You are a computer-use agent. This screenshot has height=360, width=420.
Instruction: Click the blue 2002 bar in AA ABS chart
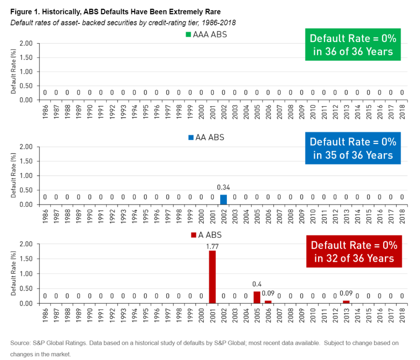pyautogui.click(x=223, y=199)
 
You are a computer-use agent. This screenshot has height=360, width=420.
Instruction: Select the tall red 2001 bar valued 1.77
pyautogui.click(x=212, y=277)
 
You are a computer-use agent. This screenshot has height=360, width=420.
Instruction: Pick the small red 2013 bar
pyautogui.click(x=346, y=302)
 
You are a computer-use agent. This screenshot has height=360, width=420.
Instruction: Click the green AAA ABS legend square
pyautogui.click(x=189, y=35)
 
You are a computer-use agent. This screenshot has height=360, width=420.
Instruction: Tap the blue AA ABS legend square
pyautogui.click(x=191, y=138)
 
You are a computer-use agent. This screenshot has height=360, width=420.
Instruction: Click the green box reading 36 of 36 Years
pyautogui.click(x=353, y=45)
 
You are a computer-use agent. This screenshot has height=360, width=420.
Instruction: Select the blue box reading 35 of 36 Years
pyautogui.click(x=353, y=148)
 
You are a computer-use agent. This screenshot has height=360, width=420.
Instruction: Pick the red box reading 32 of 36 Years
pyautogui.click(x=354, y=252)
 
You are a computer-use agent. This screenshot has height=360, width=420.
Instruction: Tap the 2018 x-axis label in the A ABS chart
pyautogui.click(x=402, y=315)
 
